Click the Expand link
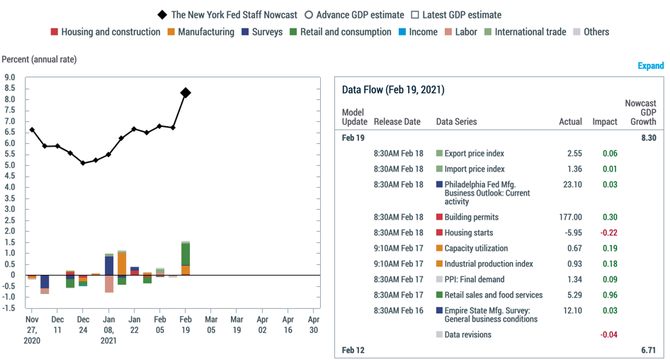click(650, 66)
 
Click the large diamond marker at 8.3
click(185, 93)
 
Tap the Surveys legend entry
click(261, 32)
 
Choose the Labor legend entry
click(460, 32)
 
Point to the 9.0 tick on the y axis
click(10, 78)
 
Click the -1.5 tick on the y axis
click(8, 308)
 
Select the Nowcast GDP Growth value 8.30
click(649, 137)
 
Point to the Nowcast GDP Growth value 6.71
click(649, 351)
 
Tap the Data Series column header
click(456, 122)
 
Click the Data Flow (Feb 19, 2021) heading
click(393, 90)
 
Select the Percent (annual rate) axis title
click(39, 60)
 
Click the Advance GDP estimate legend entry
click(353, 15)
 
